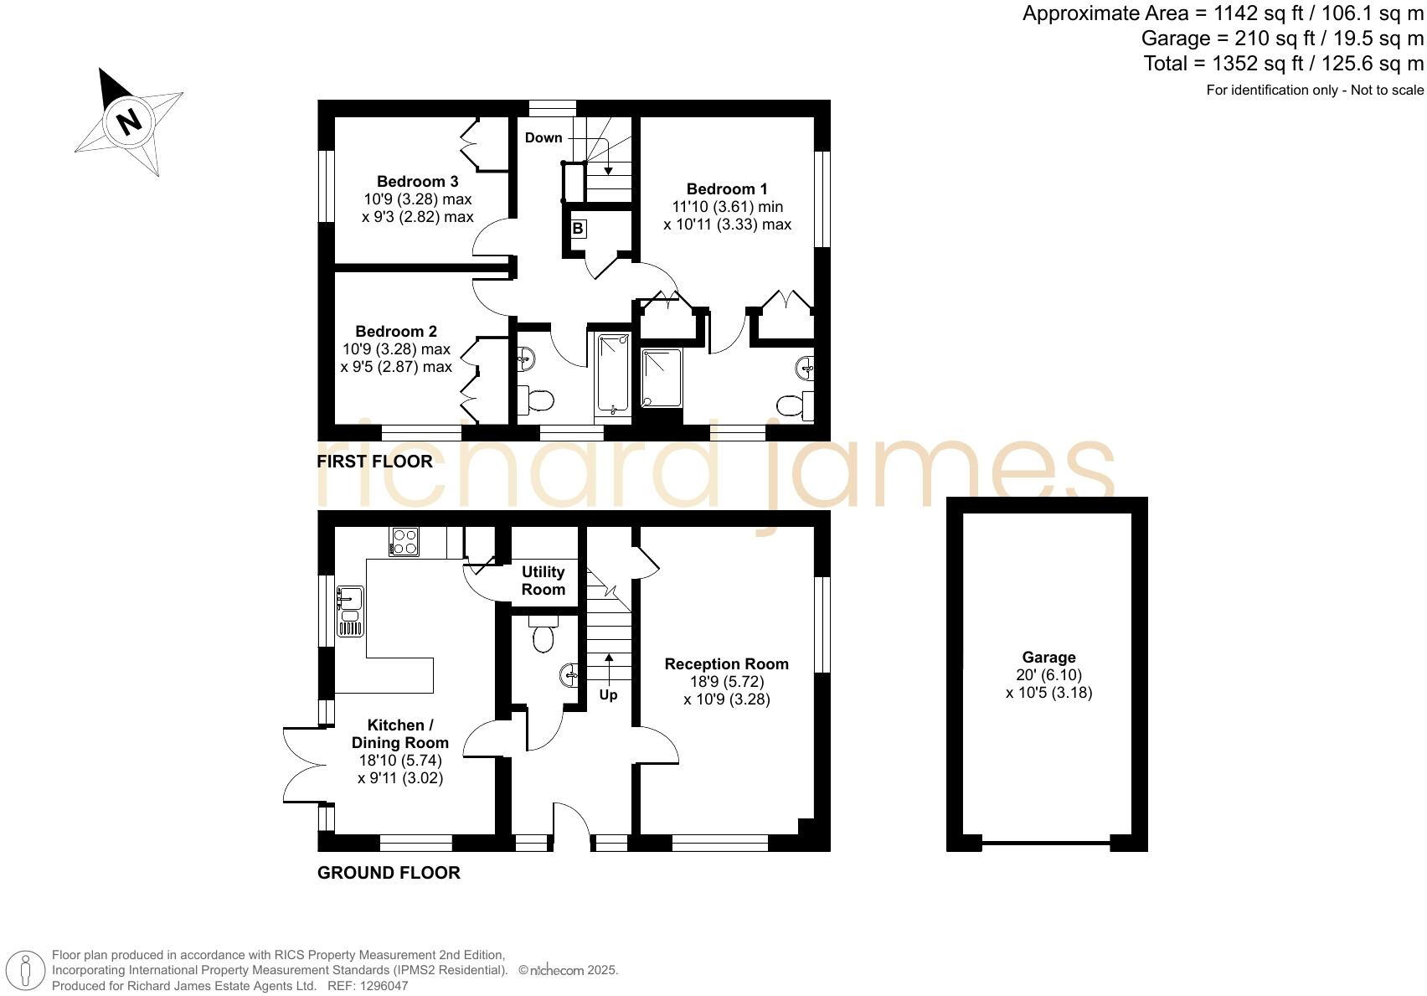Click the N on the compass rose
coord(128,121)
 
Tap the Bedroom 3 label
coord(417,181)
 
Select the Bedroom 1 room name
coord(726,189)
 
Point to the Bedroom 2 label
coord(396,332)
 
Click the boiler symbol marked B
coord(578,229)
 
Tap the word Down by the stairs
coord(543,137)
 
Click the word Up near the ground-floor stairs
coord(608,694)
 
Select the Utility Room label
coord(543,581)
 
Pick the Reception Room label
coord(726,664)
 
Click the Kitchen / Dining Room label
coord(399,734)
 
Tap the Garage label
coord(1048,658)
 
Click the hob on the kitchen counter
coord(404,541)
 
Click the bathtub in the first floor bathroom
coord(612,374)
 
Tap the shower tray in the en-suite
coord(662,378)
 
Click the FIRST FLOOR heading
coord(374,462)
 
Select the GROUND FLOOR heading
coord(389,873)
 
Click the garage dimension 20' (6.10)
coord(1048,675)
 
